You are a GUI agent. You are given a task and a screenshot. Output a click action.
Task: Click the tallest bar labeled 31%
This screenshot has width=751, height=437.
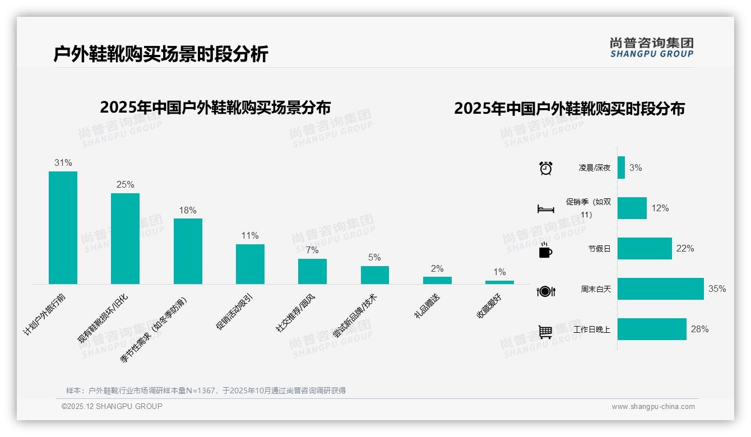click(63, 227)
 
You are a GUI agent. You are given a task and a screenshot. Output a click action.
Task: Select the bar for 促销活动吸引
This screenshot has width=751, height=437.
click(250, 264)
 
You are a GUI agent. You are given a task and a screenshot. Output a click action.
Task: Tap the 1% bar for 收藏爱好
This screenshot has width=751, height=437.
click(499, 282)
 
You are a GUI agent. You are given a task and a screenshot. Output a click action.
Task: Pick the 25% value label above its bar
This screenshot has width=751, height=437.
click(125, 184)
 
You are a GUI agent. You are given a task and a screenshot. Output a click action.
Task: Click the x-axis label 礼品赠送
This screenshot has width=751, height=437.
click(427, 306)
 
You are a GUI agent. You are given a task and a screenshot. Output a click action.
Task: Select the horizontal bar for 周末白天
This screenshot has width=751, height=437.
click(660, 289)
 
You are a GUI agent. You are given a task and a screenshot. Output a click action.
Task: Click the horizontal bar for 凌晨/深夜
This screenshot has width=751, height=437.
click(621, 168)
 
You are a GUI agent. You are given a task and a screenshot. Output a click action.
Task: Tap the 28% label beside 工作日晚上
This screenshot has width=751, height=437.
click(699, 329)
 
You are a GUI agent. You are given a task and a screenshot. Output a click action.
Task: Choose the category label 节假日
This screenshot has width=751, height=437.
click(599, 249)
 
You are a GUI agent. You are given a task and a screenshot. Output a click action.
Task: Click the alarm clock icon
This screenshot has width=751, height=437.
click(545, 168)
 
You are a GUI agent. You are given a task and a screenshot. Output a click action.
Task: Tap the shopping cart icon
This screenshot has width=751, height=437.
click(545, 332)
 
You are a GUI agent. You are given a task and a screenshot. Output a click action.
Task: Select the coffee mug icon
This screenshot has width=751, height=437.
click(545, 250)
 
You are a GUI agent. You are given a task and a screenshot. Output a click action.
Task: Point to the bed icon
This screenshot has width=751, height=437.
click(545, 209)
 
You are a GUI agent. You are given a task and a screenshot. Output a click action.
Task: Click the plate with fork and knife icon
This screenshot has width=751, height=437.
click(546, 291)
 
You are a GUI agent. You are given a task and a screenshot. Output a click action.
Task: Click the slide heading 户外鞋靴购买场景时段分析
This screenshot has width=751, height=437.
click(161, 54)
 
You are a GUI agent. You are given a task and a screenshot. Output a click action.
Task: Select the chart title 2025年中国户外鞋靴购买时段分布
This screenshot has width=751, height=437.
click(569, 109)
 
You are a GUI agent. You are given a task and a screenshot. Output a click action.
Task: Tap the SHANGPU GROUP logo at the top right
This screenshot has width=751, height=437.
click(651, 48)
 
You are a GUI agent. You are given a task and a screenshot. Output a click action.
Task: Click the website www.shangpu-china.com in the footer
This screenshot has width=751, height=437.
click(653, 407)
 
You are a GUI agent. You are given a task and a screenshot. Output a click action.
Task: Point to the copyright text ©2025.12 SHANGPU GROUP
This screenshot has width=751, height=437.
click(112, 406)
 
